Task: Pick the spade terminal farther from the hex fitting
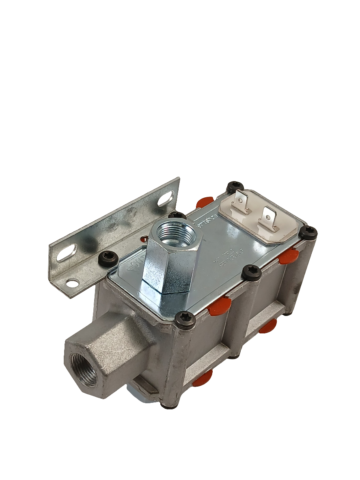(x=268, y=218)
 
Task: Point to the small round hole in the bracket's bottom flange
(x=72, y=283)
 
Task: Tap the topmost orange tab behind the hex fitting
(x=204, y=201)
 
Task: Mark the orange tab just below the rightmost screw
(x=289, y=256)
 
